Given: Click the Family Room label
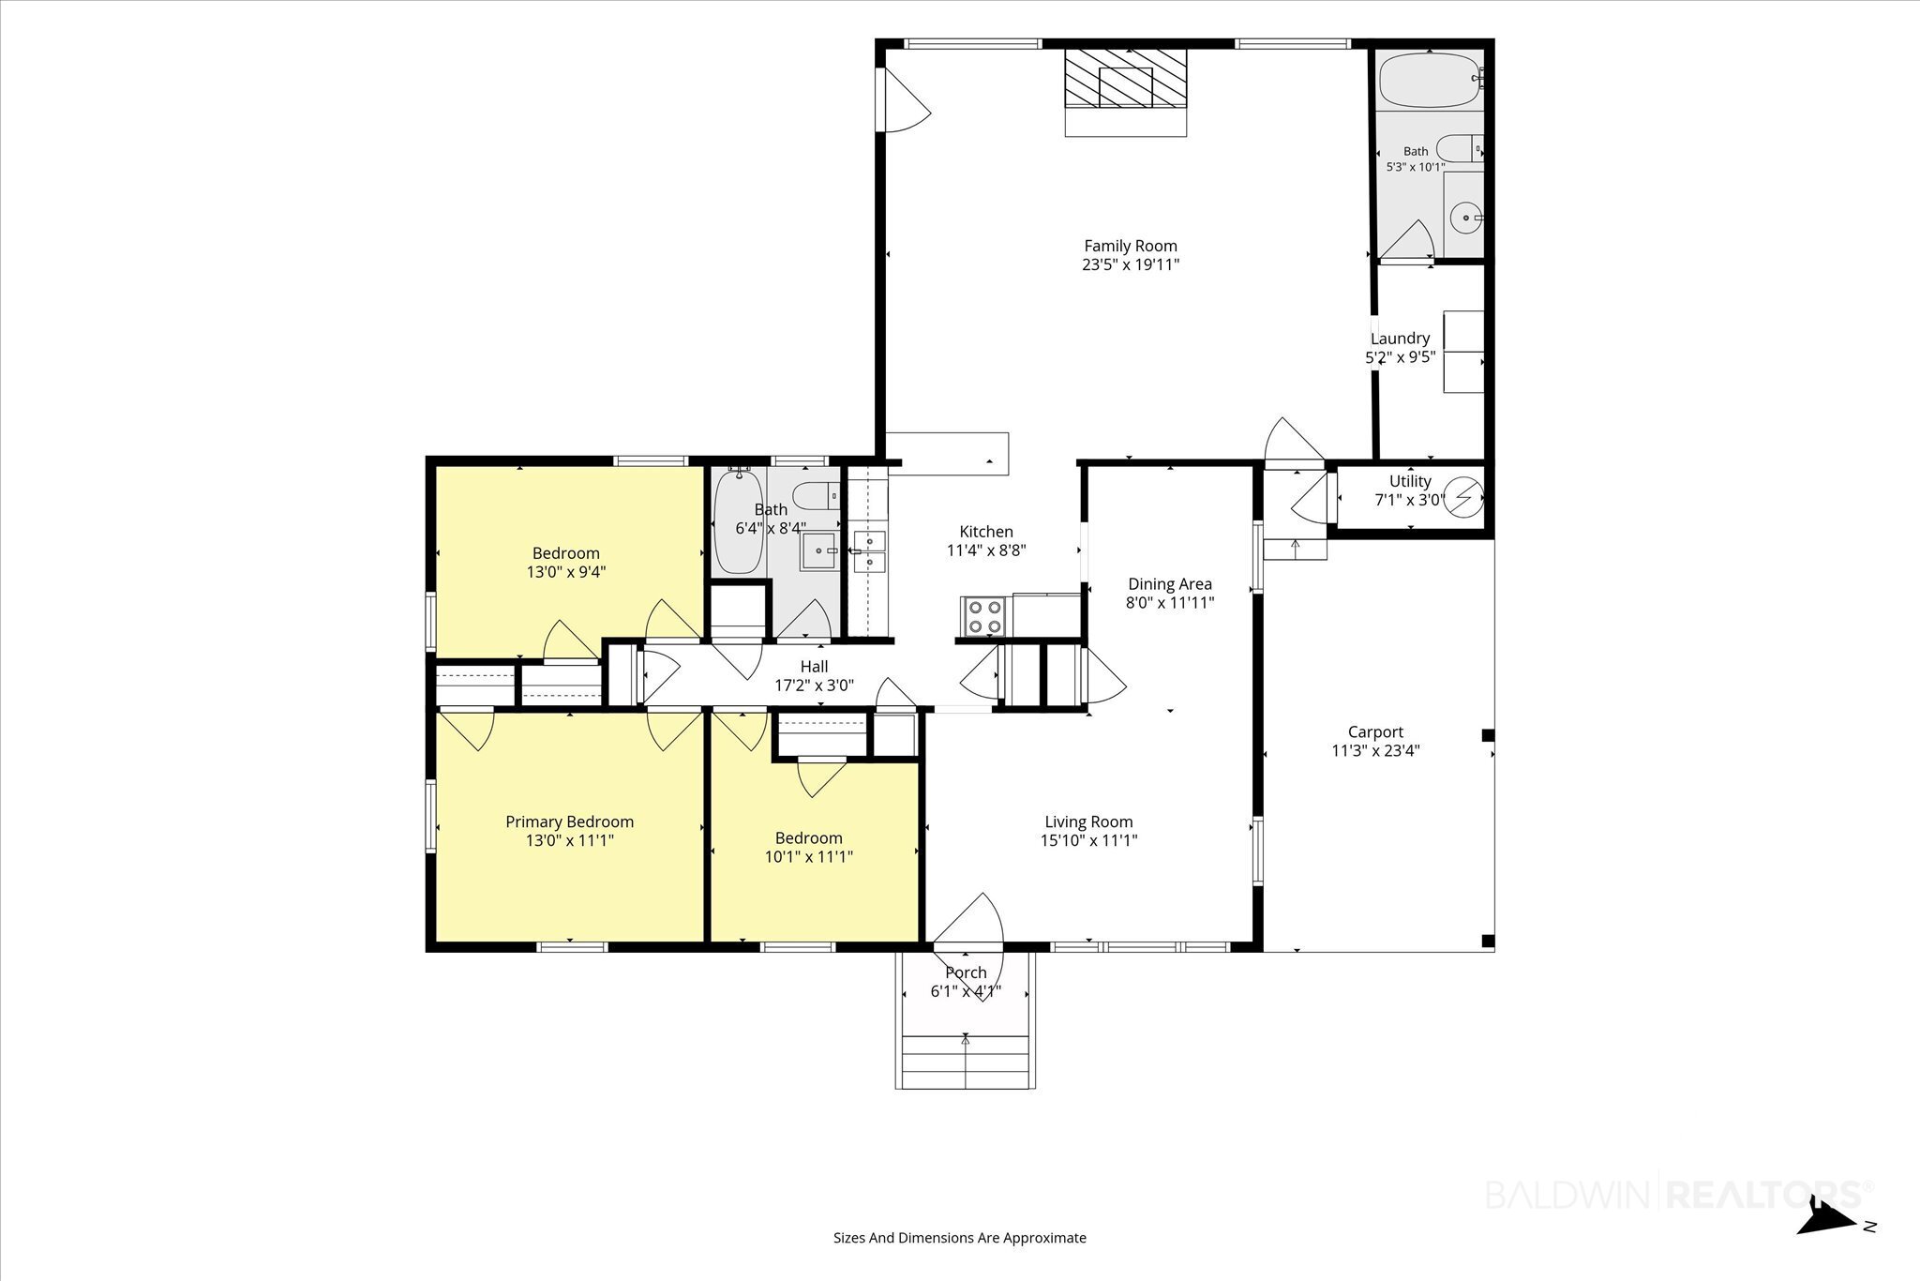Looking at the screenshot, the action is [1131, 247].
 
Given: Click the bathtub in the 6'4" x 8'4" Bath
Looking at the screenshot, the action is [739, 522].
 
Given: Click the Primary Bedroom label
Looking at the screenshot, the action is [570, 822].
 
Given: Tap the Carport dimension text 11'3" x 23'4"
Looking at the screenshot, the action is [1375, 750].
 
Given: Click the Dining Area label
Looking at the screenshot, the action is [1170, 584].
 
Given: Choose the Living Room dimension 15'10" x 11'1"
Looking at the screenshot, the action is [1088, 841].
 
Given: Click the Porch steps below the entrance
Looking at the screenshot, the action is [966, 1062].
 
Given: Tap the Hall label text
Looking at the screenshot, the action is [814, 667].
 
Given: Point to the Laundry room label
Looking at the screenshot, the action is [1400, 339].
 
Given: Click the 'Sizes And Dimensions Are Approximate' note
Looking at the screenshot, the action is [960, 1238].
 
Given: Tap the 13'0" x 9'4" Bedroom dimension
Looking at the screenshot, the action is [566, 571].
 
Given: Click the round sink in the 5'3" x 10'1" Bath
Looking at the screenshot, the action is [1463, 218].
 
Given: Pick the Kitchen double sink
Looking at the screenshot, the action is [869, 551].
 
